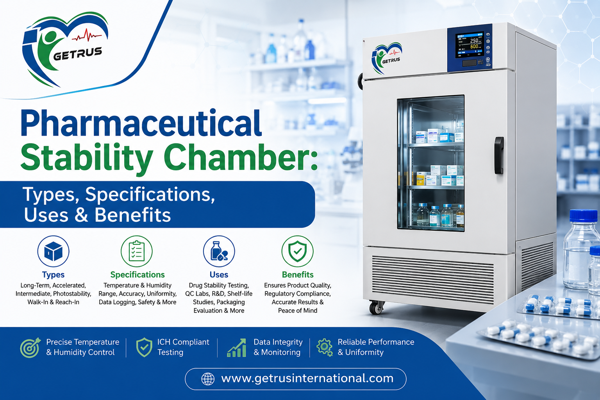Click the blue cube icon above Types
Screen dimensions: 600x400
pos(53,251)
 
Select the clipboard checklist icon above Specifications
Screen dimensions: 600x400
pos(137,251)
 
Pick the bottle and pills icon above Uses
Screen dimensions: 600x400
pos(219,251)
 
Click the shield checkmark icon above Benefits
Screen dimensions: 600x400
pos(297,251)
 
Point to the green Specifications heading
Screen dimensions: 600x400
pos(137,275)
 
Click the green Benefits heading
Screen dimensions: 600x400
pos(298,275)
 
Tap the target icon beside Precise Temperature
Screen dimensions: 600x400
pos(30,348)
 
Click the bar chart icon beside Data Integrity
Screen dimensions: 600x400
pos(236,348)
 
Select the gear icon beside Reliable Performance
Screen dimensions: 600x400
pos(325,348)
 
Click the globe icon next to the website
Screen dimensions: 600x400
pos(208,379)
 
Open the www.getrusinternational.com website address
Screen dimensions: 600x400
pos(307,378)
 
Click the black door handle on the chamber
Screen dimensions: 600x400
pos(499,155)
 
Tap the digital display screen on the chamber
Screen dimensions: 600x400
pos(469,45)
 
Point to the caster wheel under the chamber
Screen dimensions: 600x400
pos(377,307)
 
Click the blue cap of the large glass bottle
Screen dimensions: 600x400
pos(583,216)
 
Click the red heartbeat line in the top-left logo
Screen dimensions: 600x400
pos(86,36)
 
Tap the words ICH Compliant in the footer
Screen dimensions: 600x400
pos(183,342)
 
